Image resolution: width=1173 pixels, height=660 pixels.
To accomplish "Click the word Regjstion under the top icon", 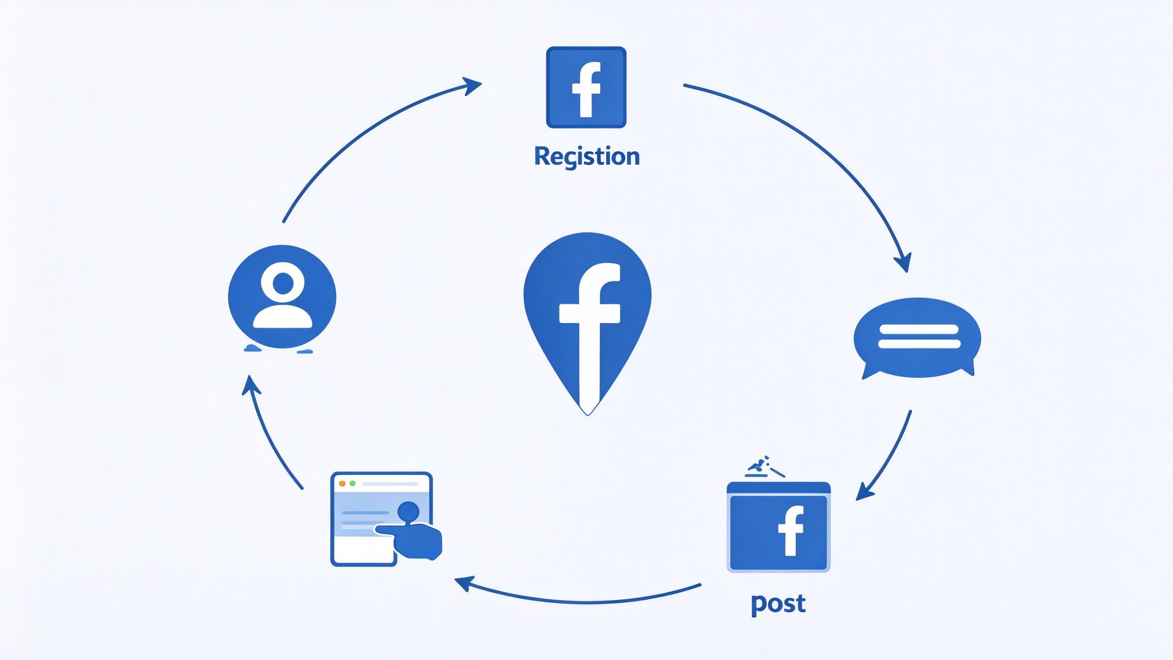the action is (587, 157).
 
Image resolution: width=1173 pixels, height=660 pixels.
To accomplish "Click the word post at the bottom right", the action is (778, 604).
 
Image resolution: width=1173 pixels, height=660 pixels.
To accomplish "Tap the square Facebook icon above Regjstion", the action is (586, 87).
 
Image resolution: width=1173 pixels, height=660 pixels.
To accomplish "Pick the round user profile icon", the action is (282, 297).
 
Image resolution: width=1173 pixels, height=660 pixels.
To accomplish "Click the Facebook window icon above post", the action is (778, 527).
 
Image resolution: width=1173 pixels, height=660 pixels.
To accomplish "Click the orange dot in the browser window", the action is (342, 484).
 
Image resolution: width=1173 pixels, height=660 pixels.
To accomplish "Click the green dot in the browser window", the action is (352, 484).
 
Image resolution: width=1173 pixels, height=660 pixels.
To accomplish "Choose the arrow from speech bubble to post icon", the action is (889, 458).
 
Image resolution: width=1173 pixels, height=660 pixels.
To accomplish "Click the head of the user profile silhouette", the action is (283, 282).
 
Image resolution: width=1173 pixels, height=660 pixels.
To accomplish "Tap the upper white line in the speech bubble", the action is (918, 329).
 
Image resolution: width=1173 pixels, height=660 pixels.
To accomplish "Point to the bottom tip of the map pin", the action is (587, 415).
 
